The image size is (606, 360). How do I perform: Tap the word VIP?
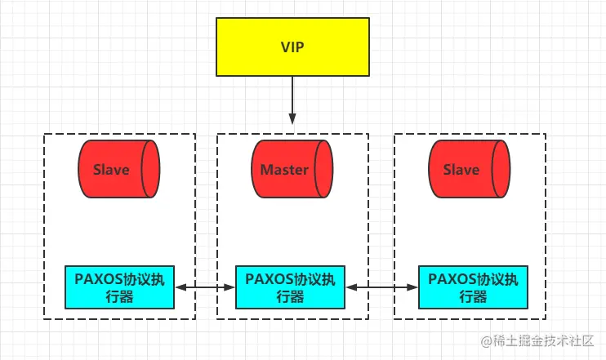pos(292,47)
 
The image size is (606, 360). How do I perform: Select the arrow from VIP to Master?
pos(292,102)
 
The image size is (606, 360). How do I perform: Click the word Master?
pos(283,171)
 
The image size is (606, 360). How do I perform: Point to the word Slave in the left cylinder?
pos(110,171)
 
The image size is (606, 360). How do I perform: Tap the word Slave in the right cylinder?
pos(460,171)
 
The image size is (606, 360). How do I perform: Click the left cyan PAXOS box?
pos(120,287)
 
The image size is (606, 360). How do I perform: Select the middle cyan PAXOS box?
pos(291,287)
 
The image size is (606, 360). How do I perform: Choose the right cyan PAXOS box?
pos(473,287)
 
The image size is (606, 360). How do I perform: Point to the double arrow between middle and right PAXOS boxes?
pos(381,287)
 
